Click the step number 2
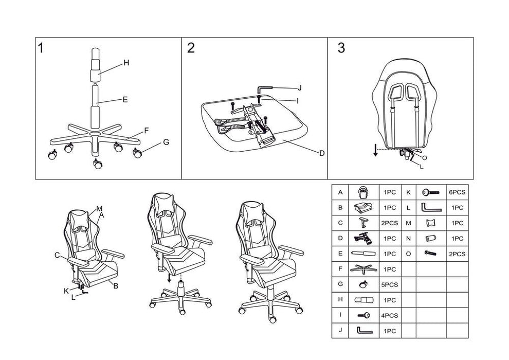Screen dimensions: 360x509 191,49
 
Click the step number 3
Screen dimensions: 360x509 341,49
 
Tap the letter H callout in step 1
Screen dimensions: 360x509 126,63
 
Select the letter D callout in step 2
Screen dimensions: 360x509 321,153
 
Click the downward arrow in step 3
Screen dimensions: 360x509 376,150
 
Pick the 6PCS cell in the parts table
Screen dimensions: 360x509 457,192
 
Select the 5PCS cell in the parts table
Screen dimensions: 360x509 390,284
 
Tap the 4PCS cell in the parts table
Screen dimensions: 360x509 390,315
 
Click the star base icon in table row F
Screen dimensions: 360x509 363,269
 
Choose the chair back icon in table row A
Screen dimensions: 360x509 363,192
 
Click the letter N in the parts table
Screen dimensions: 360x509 408,238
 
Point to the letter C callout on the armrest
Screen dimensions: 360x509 57,255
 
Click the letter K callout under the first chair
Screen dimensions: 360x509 66,291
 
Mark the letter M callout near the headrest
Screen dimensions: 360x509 99,209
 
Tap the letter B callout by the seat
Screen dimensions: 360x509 116,286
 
